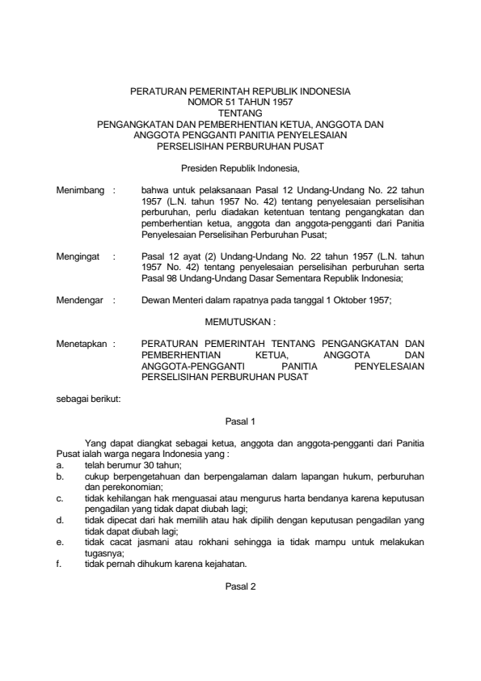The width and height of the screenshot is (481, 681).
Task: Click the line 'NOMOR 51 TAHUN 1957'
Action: (240, 104)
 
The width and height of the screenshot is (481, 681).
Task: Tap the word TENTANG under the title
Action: (240, 114)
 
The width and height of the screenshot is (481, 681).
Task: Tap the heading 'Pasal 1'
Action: (240, 421)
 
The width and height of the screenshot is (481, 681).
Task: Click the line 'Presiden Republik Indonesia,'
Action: (240, 169)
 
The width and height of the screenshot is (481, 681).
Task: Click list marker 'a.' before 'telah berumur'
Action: (60, 466)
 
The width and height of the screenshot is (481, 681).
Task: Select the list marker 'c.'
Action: (60, 499)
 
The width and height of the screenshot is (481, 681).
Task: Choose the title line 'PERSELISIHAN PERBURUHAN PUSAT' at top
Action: (240, 147)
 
